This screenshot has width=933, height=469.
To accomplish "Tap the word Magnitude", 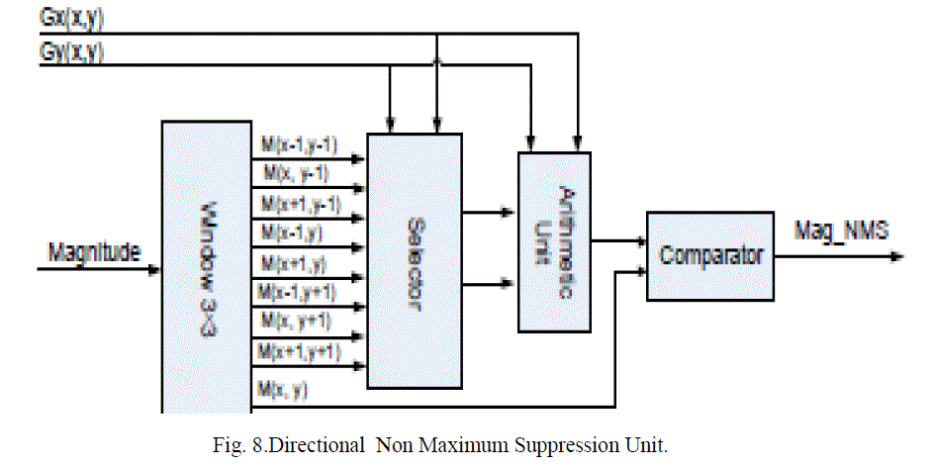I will (x=94, y=252).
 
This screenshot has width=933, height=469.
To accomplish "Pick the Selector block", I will (x=414, y=259).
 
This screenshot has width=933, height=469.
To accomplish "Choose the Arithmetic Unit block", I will (x=554, y=240).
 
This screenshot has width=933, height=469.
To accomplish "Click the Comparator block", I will (x=710, y=255).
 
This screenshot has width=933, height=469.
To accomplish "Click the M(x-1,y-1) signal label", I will (x=300, y=145).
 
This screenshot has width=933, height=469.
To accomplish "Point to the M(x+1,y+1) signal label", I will (x=300, y=349).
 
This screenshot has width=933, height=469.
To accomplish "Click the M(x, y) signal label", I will (x=283, y=389).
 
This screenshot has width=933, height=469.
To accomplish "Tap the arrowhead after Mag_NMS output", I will (x=896, y=257).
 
